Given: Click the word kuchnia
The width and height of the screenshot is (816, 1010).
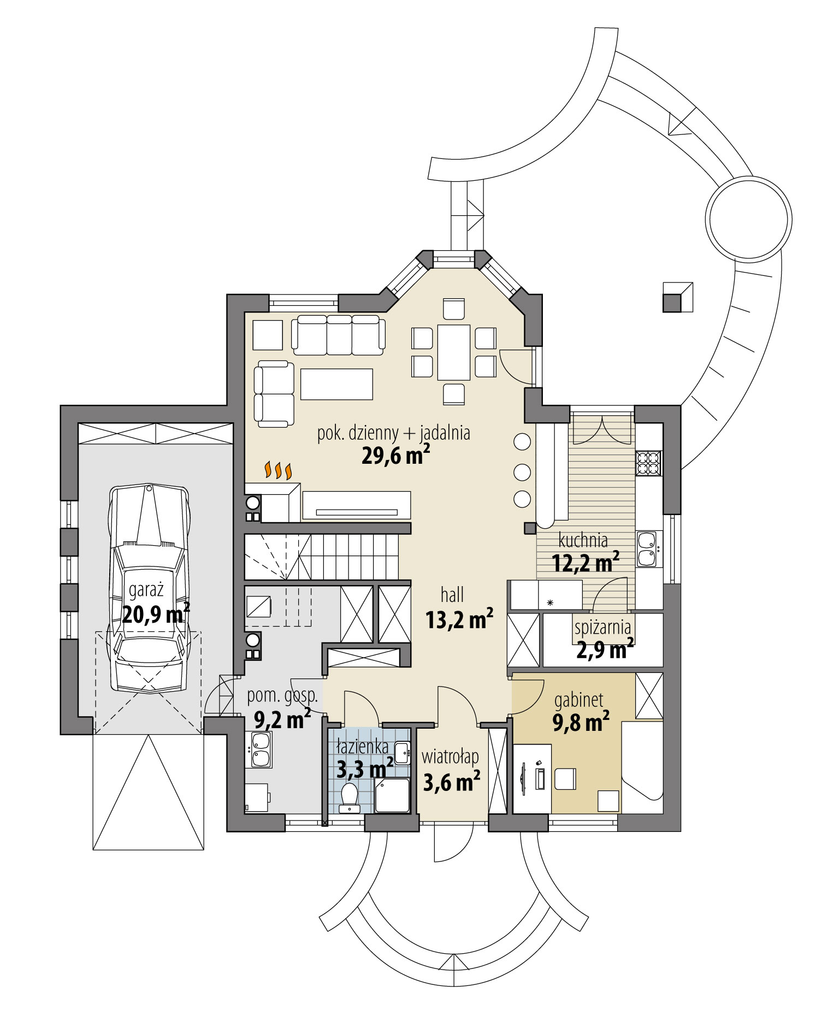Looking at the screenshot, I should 583,541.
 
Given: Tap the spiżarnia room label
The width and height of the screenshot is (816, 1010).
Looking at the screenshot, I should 602,627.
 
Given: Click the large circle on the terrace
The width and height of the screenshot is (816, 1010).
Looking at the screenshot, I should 748,216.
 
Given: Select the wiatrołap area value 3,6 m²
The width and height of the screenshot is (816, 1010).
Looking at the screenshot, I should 452,782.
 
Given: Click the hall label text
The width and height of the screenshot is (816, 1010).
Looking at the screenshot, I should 452,594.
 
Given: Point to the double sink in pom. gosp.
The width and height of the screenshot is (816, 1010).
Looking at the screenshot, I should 261,749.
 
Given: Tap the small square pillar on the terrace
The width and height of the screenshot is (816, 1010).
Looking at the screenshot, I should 677,297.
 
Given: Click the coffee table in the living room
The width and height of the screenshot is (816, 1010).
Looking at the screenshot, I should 336,384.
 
